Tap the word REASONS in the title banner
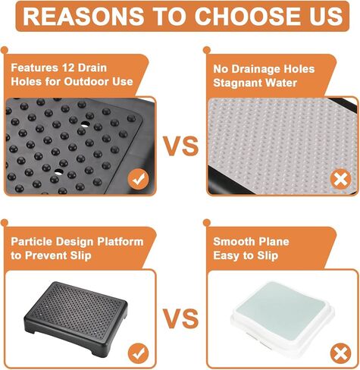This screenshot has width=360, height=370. point(83,16)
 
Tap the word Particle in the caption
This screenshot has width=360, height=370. point(31,242)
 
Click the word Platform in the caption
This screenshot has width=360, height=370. point(121,242)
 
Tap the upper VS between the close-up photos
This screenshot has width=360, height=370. point(181,146)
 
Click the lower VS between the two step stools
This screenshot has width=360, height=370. point(180,318)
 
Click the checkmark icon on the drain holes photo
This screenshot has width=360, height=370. point(138,179)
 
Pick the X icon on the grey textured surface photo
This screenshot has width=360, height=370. point(341,179)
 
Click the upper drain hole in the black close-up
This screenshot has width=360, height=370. point(85,124)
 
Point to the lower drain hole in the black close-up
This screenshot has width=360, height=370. point(58,172)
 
